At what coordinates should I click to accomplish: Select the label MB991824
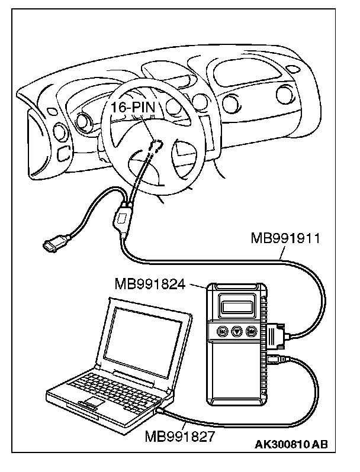point(151,284)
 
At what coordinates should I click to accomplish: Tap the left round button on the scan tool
point(223,331)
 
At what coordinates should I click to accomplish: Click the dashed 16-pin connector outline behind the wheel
point(156,146)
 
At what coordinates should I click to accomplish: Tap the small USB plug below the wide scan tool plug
point(274,358)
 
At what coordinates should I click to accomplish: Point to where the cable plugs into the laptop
point(161,408)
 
